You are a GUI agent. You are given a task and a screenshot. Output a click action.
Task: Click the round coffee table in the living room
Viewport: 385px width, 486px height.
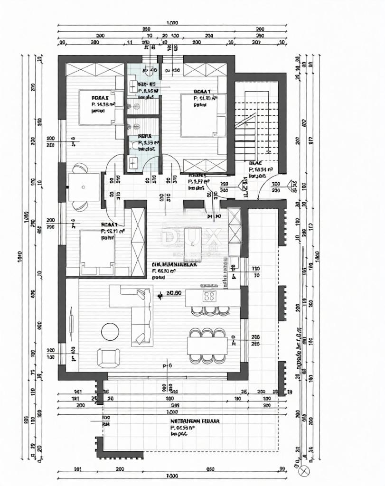(111, 331)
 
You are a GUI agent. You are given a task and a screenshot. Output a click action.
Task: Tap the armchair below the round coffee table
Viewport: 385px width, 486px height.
(109, 357)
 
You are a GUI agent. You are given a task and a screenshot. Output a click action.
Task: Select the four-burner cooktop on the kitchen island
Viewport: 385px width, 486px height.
(209, 297)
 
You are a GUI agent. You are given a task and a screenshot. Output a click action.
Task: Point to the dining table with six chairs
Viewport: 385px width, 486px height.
(207, 345)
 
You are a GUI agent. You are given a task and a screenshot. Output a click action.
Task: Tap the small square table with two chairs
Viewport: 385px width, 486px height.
(84, 187)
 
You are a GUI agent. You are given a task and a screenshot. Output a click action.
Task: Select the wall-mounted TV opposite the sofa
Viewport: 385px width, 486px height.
(71, 324)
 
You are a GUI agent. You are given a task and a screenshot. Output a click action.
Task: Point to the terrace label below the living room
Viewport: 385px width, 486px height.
(195, 421)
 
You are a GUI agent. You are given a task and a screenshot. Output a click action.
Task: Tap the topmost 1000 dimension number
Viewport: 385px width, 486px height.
(172, 22)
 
